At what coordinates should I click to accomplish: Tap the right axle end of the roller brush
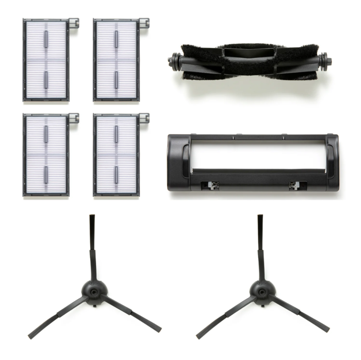327,61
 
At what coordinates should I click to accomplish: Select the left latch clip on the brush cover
211,184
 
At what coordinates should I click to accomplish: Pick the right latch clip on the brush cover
294,184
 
